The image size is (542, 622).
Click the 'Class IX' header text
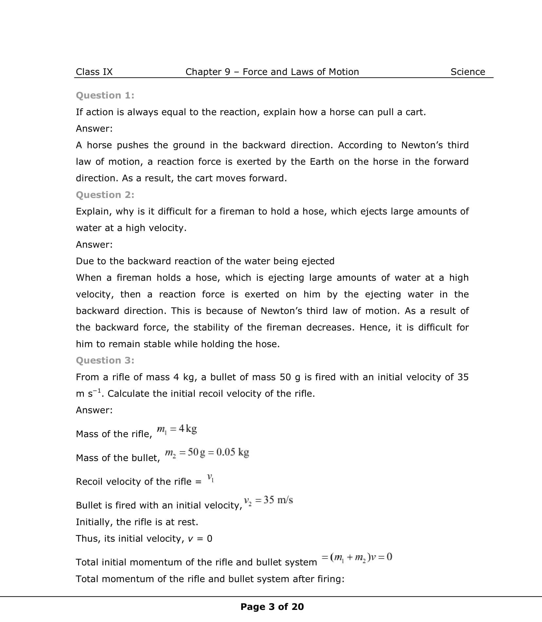coord(94,72)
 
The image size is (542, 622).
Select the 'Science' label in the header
coord(467,72)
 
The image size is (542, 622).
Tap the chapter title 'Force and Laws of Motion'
coord(301,72)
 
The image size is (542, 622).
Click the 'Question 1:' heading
coord(105,95)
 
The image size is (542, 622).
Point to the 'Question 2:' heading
coord(105,195)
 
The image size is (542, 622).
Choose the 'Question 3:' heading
coord(105,360)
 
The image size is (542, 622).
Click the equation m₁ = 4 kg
coord(177,429)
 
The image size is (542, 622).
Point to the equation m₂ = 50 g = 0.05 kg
coord(207,453)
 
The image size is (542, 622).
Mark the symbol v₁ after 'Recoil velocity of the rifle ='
coord(211,478)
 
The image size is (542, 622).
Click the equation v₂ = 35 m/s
coord(269,500)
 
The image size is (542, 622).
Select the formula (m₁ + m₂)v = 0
coord(357,557)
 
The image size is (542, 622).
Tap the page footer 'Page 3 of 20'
coord(272,607)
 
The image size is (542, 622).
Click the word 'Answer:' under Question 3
coord(94,410)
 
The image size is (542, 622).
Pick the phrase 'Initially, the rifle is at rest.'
coord(137,522)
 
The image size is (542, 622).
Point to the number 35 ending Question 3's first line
coord(463,377)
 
